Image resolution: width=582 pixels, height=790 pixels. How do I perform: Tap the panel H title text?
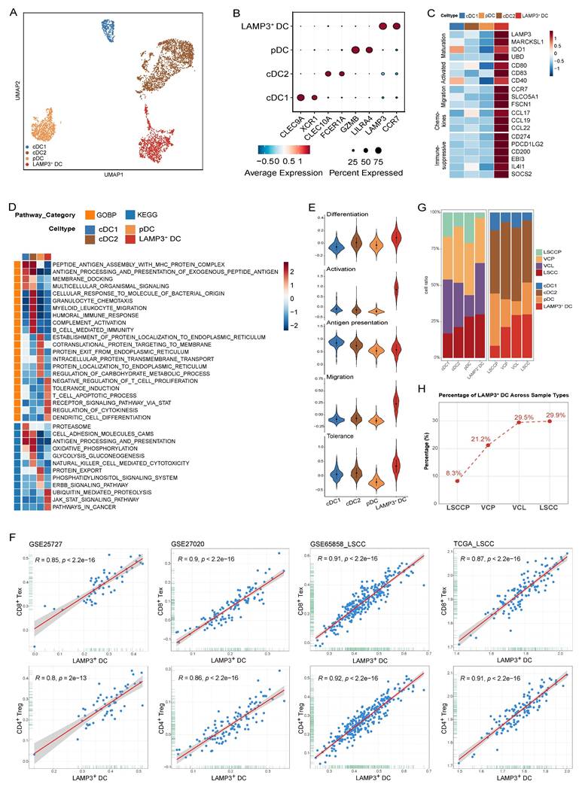(492, 395)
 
